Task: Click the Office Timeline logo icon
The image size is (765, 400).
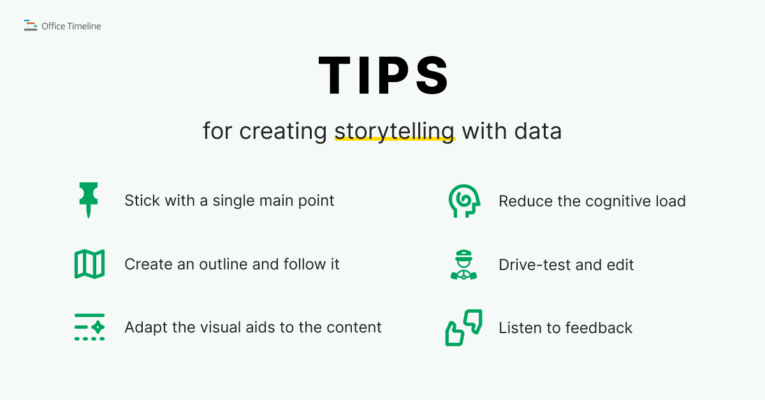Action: tap(31, 26)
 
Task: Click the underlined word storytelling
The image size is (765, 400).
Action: tap(395, 131)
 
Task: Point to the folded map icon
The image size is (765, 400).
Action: tap(89, 264)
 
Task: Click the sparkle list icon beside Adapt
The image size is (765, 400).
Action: tap(89, 327)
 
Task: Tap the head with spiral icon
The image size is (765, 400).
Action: tap(463, 201)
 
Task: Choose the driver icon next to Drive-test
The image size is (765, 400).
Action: tap(463, 265)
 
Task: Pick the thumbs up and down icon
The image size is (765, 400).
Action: tap(463, 327)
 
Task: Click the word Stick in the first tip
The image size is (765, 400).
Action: tap(142, 201)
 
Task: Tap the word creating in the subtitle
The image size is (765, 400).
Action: tap(284, 132)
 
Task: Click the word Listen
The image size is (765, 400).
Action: tap(520, 327)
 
